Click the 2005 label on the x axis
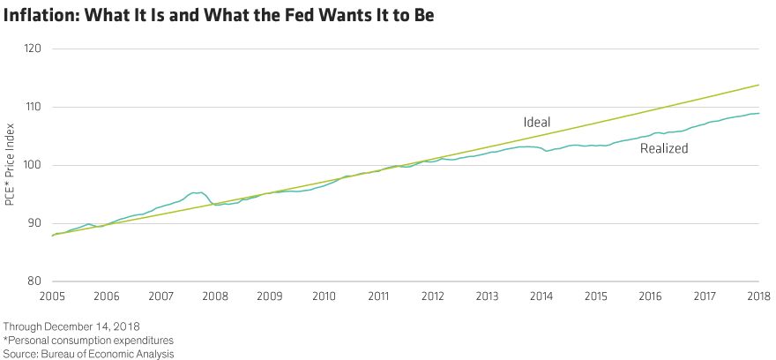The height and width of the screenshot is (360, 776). pos(53,295)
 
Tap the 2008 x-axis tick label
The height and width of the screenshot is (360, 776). pos(216,295)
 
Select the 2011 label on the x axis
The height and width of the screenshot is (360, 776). pos(378,295)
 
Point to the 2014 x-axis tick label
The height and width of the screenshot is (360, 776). pos(541,295)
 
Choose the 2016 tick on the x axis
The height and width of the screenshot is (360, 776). pos(650,295)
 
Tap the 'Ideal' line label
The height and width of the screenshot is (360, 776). pos(536,122)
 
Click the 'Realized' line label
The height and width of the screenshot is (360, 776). pos(664,149)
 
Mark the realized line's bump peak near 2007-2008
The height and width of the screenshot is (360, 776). pos(197,191)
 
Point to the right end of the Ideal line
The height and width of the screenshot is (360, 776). pos(759,86)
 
